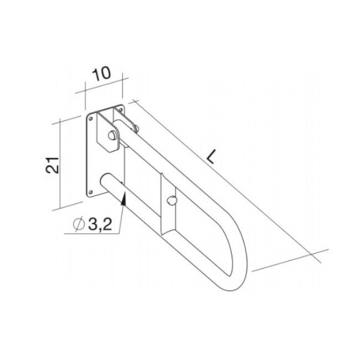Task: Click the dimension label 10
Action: pyautogui.click(x=101, y=74)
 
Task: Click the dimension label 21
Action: pyautogui.click(x=52, y=165)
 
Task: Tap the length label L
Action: pyautogui.click(x=211, y=157)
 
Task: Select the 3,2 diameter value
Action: pyautogui.click(x=100, y=224)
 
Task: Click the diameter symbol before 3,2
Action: pyautogui.click(x=79, y=224)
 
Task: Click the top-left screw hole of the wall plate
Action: pyautogui.click(x=91, y=119)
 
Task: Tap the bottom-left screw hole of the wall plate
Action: pyautogui.click(x=90, y=192)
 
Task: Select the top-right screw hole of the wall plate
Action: pyautogui.click(x=121, y=109)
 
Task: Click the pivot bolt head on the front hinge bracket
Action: pyautogui.click(x=112, y=135)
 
